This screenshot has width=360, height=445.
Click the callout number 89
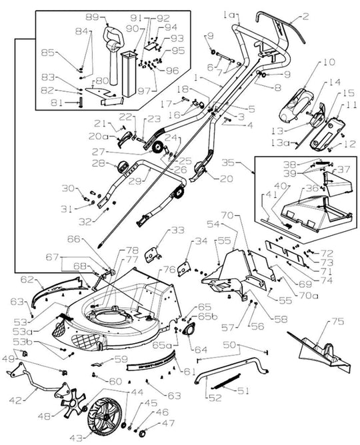pyautogui.click(x=93, y=17)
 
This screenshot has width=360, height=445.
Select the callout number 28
pyautogui.click(x=98, y=163)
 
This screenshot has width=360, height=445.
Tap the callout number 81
pyautogui.click(x=59, y=102)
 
